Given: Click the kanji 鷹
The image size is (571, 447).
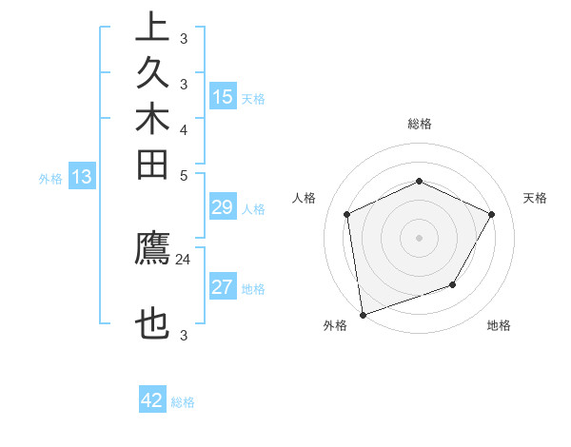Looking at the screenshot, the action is (152, 248).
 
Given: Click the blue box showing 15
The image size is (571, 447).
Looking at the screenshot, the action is (223, 97).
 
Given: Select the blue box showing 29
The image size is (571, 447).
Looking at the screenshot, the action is (223, 208).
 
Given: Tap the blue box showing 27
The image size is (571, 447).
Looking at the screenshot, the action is (223, 288).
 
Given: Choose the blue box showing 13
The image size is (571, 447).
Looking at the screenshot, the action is (82, 177).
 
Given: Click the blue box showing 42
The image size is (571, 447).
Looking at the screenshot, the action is (152, 400).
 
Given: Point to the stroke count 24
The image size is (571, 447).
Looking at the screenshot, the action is (184, 258).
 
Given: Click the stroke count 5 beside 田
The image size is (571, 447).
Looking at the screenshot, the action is (184, 175).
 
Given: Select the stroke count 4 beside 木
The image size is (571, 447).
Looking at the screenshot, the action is (184, 129).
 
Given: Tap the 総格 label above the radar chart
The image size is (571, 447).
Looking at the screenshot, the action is (419, 124).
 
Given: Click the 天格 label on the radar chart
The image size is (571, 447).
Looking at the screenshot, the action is (536, 198).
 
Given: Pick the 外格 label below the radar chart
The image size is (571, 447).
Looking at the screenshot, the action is (335, 325).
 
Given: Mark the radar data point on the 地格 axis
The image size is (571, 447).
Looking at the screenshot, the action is (453, 284).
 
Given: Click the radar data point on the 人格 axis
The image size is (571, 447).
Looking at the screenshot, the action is (347, 214).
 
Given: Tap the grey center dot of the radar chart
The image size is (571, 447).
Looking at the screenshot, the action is (419, 237).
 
